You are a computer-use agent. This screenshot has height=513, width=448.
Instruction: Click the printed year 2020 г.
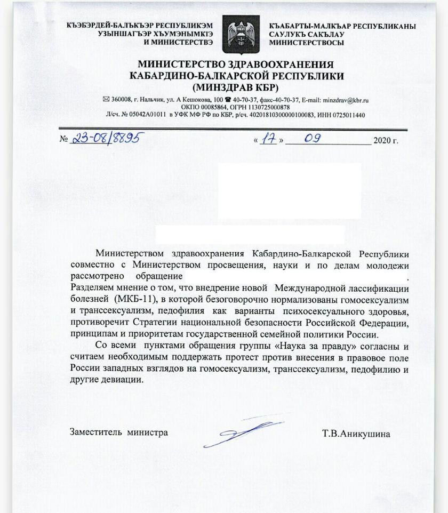coord(386,141)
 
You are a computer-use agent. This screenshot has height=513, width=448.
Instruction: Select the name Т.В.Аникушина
coord(356,434)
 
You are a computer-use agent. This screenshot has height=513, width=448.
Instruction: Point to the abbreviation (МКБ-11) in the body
coord(132,300)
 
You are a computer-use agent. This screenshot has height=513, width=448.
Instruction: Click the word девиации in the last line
coord(125,380)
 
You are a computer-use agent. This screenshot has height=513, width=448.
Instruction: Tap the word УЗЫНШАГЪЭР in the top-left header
coord(124,34)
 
